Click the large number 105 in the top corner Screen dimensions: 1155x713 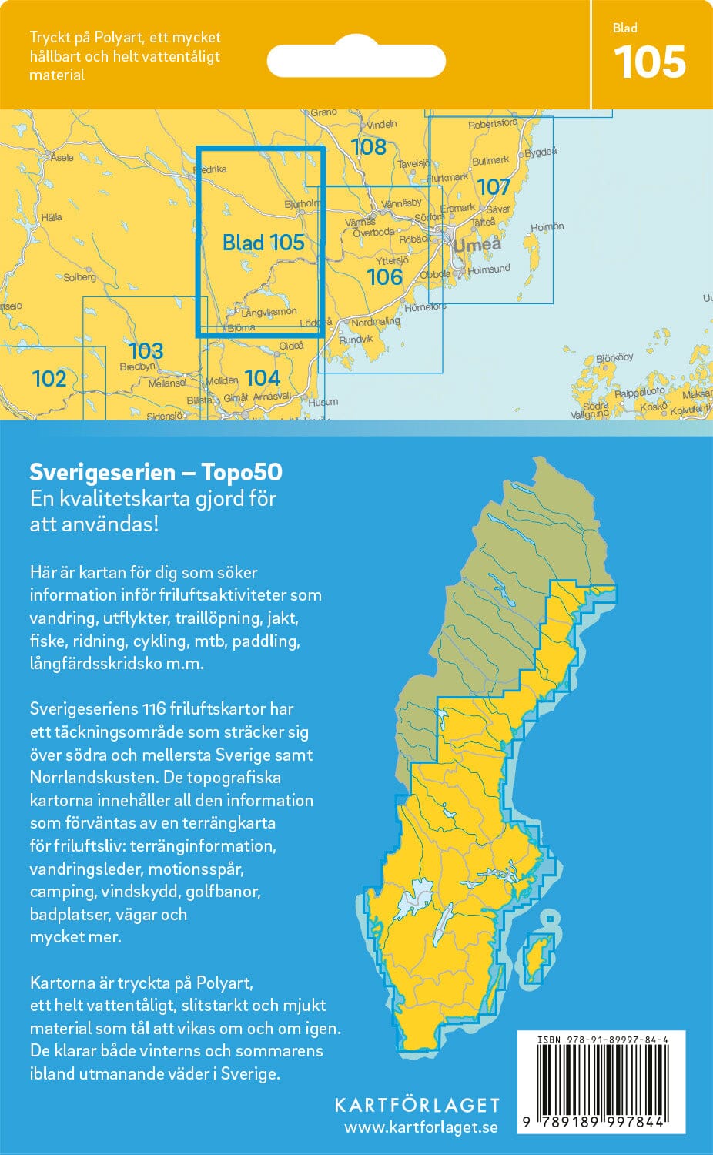[x=650, y=62]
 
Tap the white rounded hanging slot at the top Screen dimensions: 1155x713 [x=356, y=61]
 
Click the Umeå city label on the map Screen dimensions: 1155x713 [x=477, y=246]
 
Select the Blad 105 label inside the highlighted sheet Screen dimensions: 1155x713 [x=263, y=243]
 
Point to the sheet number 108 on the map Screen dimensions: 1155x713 [x=368, y=146]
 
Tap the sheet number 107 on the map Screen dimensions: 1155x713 [x=494, y=187]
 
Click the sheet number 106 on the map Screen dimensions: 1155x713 [x=384, y=276]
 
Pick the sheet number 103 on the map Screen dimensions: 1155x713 [x=145, y=350]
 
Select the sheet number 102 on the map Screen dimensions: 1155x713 [x=49, y=378]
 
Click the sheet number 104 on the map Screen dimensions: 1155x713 [x=262, y=377]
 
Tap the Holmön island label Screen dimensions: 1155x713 [x=547, y=227]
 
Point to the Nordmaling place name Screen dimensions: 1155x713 [x=375, y=322]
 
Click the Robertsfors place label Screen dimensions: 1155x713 [x=493, y=124]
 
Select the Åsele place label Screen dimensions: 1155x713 [x=62, y=157]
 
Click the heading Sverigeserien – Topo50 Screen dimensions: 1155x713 [x=156, y=472]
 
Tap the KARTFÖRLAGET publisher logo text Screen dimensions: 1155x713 [x=417, y=1105]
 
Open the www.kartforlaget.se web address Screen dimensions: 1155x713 [x=420, y=1127]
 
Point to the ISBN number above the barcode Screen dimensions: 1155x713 [x=601, y=1039]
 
